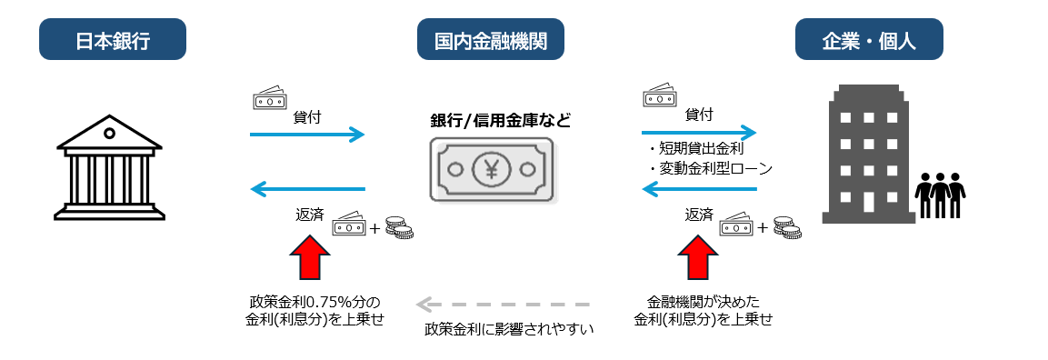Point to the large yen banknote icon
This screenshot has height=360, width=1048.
pos(490,169)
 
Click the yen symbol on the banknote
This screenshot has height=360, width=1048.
pos(491,169)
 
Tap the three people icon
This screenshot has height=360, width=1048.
pos(939,194)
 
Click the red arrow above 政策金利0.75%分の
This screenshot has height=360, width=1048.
pos(308,257)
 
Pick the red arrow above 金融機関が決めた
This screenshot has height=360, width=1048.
pos(697,257)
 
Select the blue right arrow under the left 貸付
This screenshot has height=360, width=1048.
pos(306,135)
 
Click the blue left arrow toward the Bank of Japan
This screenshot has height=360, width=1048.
pos(306,189)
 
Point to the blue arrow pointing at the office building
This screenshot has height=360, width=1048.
pos(699,130)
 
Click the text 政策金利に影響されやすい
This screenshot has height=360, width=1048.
pos(509,328)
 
